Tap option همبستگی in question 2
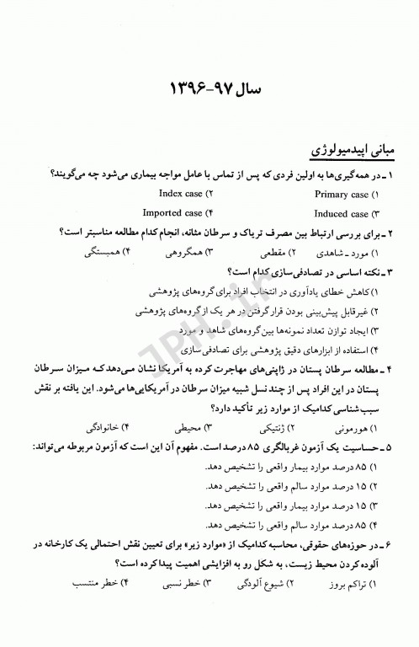click(x=111, y=252)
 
